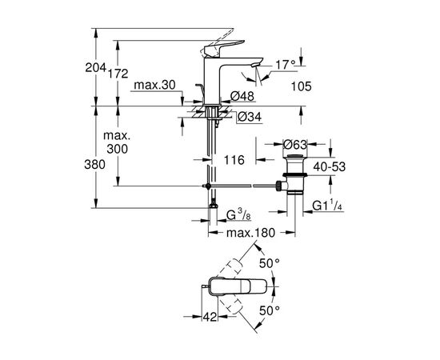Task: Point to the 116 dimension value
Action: [234, 162]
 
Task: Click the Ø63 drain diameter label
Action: [297, 145]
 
